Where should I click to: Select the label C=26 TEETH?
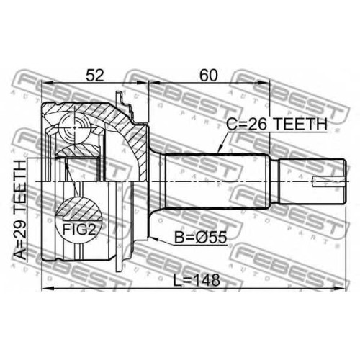[x=276, y=124]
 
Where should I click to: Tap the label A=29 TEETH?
[x=21, y=210]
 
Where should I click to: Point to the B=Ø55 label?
[x=200, y=238]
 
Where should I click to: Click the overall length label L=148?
[x=197, y=280]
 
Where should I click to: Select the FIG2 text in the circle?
[x=79, y=230]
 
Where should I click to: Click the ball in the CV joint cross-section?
[x=74, y=128]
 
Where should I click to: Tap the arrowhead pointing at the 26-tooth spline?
[x=220, y=149]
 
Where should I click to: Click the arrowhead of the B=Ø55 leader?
[x=153, y=238]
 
